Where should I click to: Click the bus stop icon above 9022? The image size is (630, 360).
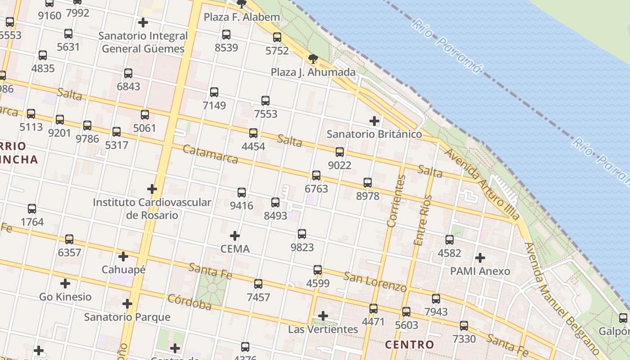point(340,152)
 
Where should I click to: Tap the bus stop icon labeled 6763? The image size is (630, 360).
point(316,175)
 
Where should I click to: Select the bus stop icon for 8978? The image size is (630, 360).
point(368,183)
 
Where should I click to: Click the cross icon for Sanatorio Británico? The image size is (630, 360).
point(374,121)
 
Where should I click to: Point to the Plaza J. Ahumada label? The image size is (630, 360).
point(313,72)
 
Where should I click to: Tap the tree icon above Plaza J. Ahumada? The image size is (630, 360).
point(313,58)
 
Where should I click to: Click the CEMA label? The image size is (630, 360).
point(235,249)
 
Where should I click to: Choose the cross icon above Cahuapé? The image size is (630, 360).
point(123,256)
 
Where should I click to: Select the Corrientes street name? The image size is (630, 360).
point(396,201)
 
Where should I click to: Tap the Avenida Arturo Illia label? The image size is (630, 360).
point(482,184)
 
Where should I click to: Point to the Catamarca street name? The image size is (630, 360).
point(211,154)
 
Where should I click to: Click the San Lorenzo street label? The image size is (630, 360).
point(375,281)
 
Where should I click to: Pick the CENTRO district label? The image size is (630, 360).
point(409,345)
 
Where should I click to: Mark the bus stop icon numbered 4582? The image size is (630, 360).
point(450,240)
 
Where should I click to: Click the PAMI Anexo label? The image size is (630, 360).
point(480,271)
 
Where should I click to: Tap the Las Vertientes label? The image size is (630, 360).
point(323,329)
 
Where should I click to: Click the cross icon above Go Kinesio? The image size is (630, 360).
point(65,283)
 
